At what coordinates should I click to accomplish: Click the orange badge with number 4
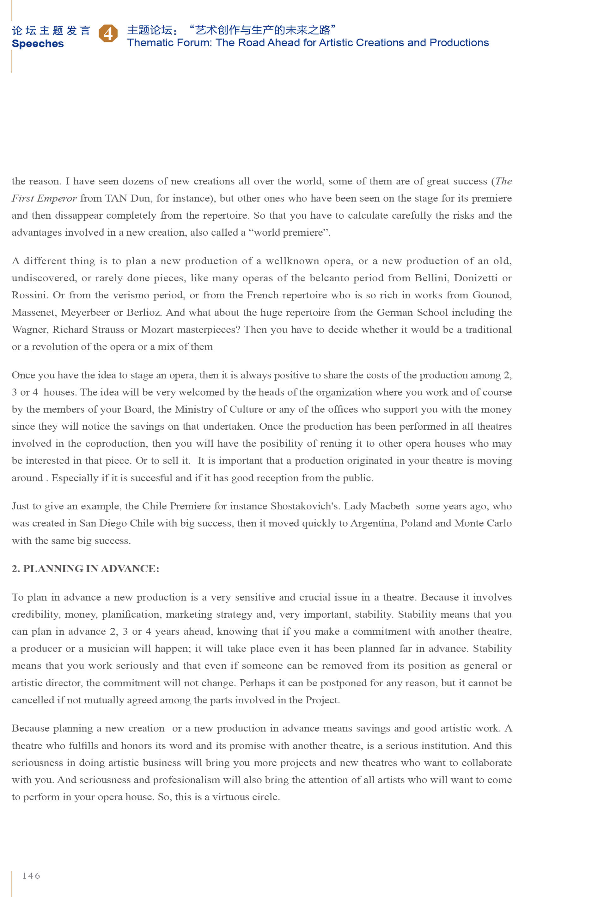[108, 34]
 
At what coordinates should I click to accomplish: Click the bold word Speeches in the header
[38, 44]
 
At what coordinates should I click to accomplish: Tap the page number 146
[31, 875]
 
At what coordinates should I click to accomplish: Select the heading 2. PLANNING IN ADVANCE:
[85, 569]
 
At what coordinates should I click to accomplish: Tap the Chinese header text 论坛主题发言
[51, 30]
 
